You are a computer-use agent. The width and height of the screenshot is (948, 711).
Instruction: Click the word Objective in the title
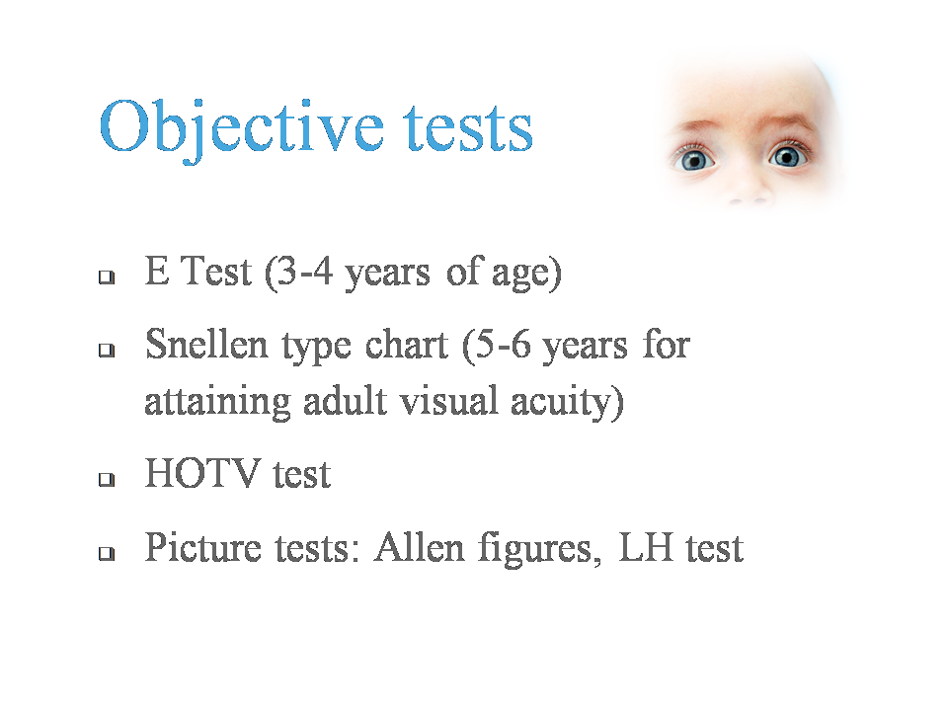click(242, 129)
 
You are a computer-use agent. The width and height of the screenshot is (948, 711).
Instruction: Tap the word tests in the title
click(468, 127)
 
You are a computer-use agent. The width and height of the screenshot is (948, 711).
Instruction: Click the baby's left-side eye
click(695, 160)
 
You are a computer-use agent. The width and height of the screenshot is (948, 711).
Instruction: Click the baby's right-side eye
click(787, 157)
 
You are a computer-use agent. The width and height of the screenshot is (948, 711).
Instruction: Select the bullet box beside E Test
click(107, 276)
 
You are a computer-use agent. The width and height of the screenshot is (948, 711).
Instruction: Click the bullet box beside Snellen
click(107, 350)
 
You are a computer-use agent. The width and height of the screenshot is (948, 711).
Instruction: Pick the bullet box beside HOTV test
click(107, 480)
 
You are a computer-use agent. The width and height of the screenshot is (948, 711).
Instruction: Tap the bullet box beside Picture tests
click(107, 553)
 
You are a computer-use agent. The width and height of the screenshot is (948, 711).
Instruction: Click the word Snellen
click(206, 345)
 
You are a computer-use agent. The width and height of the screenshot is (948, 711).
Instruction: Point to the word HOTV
click(201, 473)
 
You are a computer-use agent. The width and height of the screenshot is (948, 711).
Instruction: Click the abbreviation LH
click(646, 547)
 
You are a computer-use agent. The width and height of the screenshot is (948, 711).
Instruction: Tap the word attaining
click(217, 403)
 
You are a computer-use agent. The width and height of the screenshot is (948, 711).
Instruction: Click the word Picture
click(203, 547)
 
